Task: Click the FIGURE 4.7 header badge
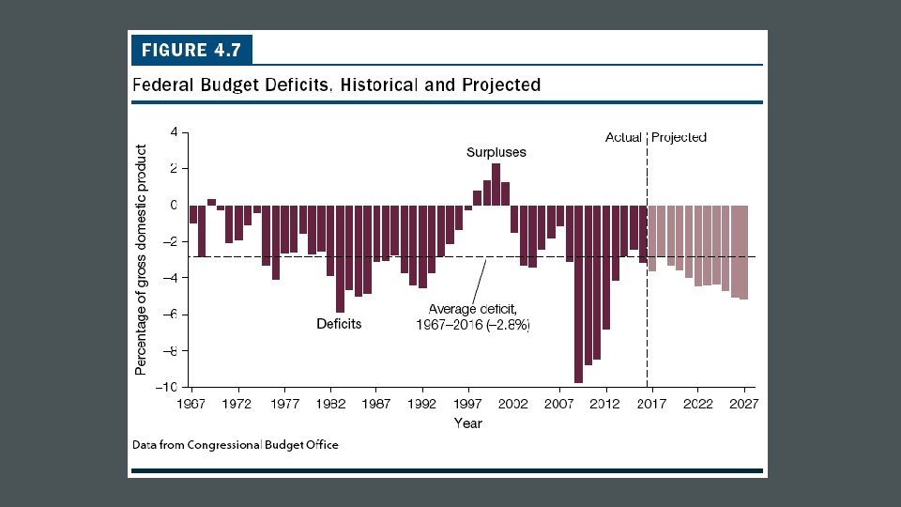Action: [191, 49]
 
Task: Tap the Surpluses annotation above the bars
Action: [496, 152]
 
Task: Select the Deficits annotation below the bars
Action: [339, 324]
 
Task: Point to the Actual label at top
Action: [623, 137]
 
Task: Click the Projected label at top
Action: [679, 137]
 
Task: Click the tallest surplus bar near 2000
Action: [496, 184]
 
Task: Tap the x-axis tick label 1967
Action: [192, 405]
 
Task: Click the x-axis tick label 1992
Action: [422, 405]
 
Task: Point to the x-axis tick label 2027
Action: [744, 405]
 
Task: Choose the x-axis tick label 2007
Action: [560, 405]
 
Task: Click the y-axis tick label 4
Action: [173, 132]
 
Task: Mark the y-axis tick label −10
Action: [167, 387]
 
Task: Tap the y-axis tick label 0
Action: [173, 205]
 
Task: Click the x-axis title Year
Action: [467, 423]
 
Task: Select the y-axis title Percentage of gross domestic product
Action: [142, 259]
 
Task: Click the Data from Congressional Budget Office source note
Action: [235, 445]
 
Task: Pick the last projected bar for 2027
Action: [744, 252]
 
